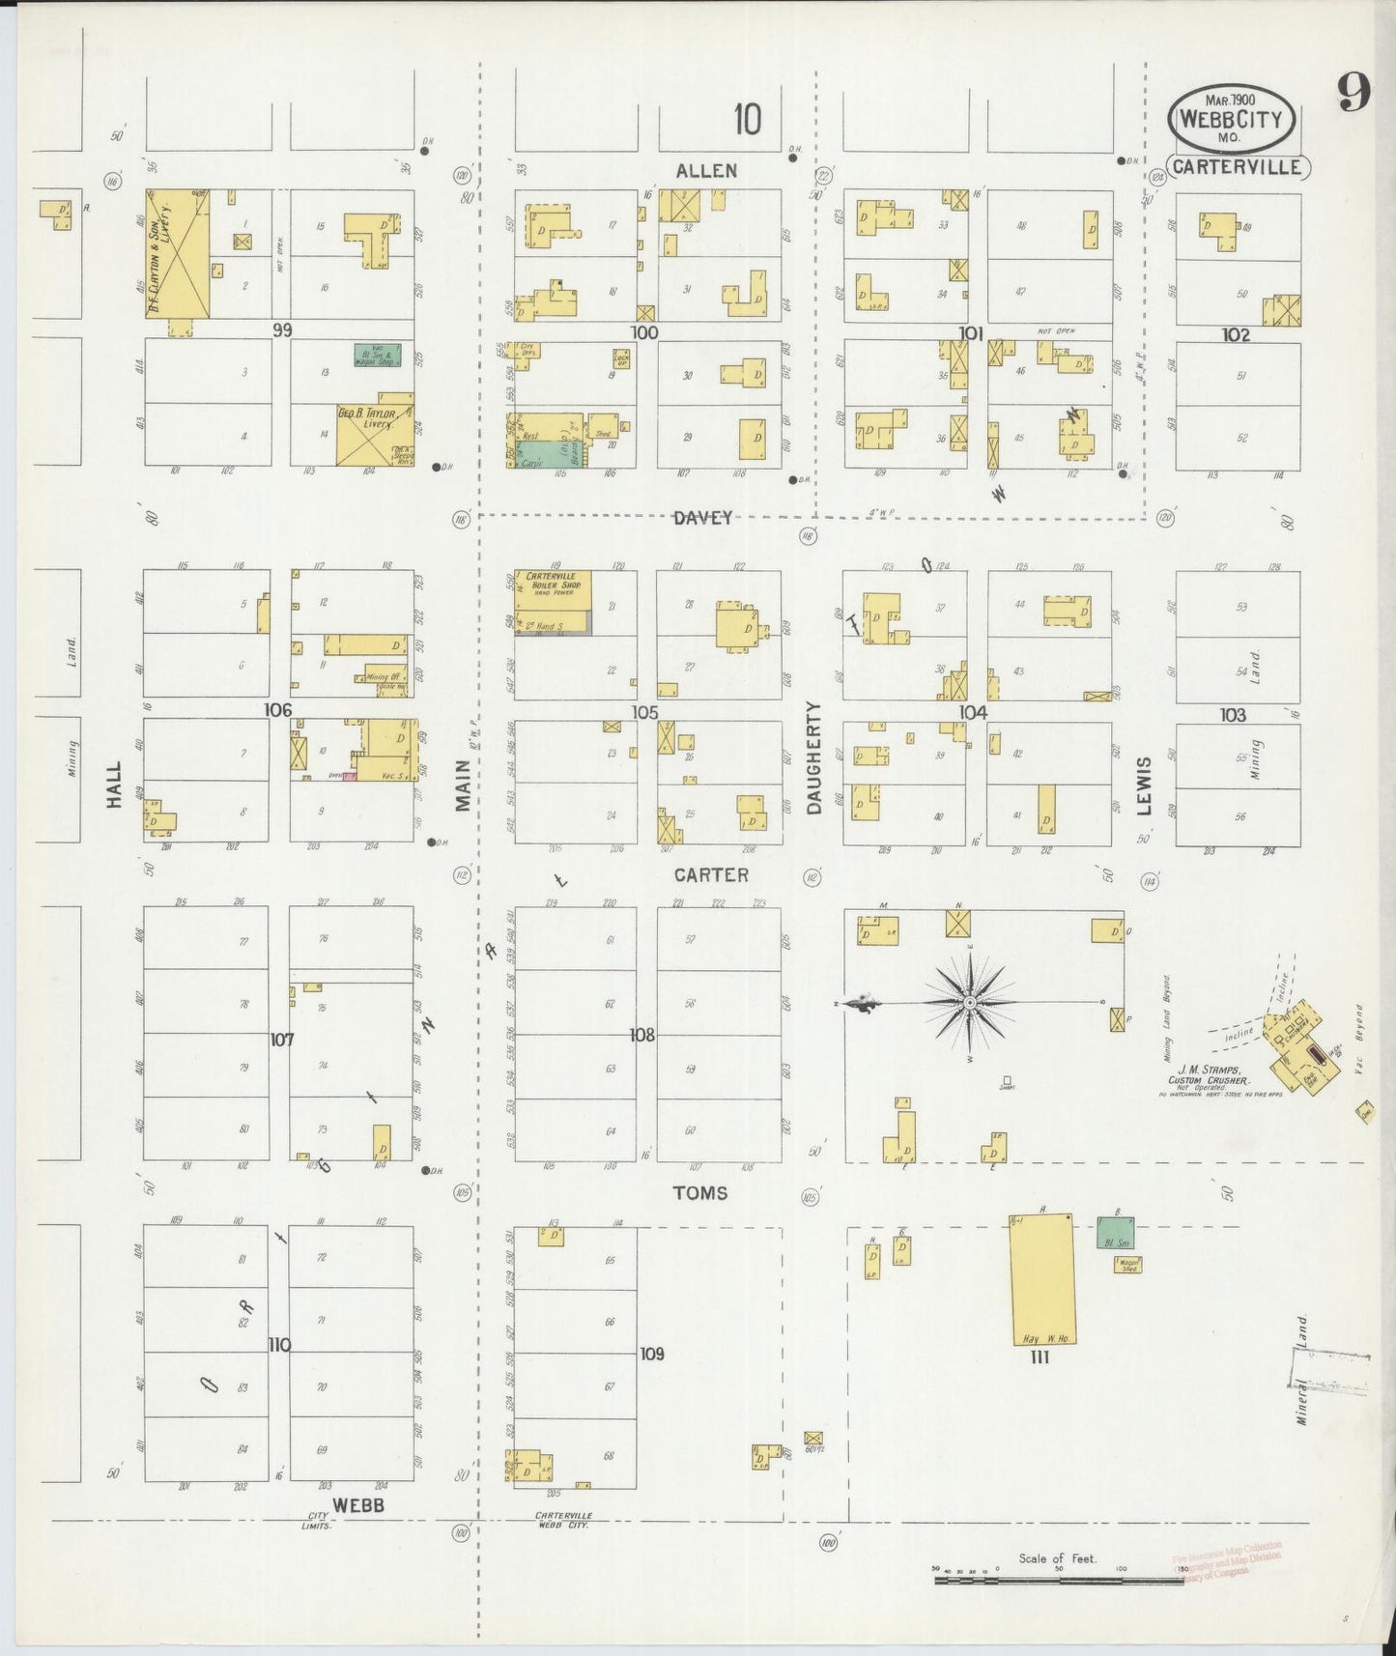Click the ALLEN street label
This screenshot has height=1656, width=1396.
[706, 171]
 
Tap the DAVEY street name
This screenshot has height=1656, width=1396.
[703, 518]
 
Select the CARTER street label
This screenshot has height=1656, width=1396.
[711, 874]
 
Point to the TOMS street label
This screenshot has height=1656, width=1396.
[700, 1193]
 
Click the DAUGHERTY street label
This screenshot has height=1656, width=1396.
[813, 757]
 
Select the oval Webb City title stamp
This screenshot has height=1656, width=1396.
[1230, 120]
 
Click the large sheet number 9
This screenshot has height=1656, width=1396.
[1353, 94]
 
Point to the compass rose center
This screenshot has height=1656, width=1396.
[969, 1004]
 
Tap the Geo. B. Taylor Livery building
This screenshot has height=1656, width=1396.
[375, 430]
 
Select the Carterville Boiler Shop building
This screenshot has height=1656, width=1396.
[552, 602]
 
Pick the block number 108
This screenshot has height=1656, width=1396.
[642, 1035]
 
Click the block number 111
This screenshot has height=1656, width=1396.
[1040, 1357]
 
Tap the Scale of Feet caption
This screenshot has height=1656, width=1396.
[1057, 1558]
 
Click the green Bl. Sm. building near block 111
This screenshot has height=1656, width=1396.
[1116, 1232]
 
